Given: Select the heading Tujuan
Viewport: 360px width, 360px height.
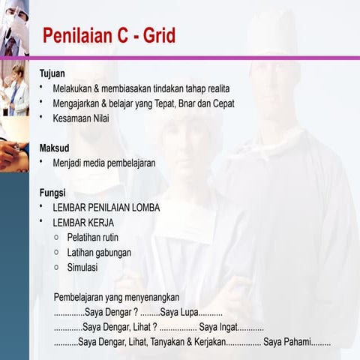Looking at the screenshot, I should [52, 73].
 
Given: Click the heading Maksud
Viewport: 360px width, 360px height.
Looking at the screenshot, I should [54, 148].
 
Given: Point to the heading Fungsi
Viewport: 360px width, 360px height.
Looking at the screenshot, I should [52, 192].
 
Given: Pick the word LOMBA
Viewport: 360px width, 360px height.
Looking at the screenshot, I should [144, 207].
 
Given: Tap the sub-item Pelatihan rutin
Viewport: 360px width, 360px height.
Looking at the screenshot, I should [93, 237].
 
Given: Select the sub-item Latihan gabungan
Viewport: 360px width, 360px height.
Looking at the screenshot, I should [99, 252].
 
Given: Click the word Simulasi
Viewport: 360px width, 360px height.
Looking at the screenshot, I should [82, 267].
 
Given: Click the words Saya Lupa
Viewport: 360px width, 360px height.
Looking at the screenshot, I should [178, 312].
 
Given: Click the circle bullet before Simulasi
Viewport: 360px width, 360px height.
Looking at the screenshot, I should [56, 266].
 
